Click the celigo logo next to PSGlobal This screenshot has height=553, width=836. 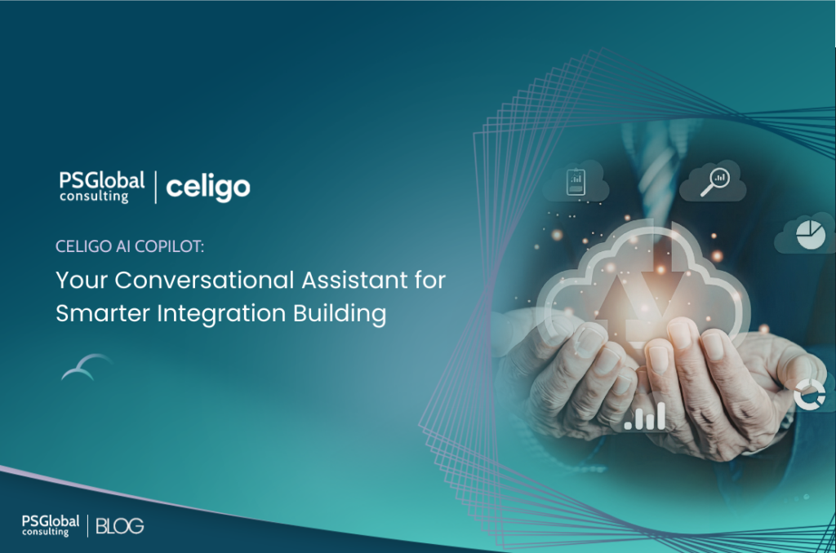(x=208, y=187)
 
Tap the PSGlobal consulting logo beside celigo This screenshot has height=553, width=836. (x=101, y=186)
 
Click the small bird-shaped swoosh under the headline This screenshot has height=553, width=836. (x=87, y=368)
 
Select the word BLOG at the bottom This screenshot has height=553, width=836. (x=119, y=526)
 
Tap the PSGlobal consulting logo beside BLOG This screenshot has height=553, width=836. (x=51, y=525)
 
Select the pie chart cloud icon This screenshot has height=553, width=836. (x=807, y=235)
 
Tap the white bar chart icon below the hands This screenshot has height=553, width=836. (x=644, y=418)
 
